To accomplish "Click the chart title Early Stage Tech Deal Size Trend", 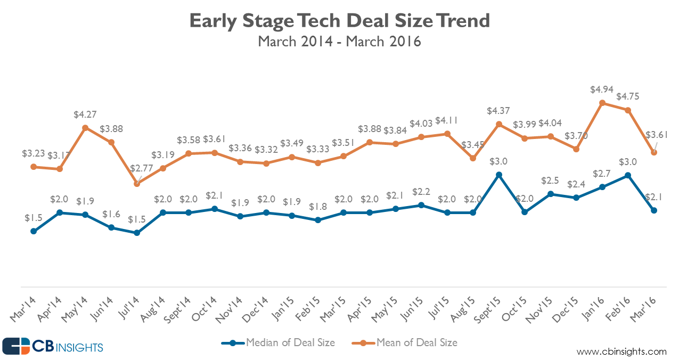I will (339, 21).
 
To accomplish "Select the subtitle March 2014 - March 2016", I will (339, 42).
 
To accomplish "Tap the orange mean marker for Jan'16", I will (602, 103).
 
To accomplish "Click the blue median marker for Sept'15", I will (499, 174).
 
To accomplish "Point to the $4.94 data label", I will (602, 89).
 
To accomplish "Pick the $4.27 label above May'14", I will (85, 114).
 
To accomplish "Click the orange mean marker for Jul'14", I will (137, 183).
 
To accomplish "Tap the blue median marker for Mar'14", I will (34, 231).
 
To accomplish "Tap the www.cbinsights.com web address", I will (621, 351).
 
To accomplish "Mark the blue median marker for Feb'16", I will (628, 175).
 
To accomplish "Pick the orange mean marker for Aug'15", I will (473, 158).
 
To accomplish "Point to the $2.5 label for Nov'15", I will (551, 181).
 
